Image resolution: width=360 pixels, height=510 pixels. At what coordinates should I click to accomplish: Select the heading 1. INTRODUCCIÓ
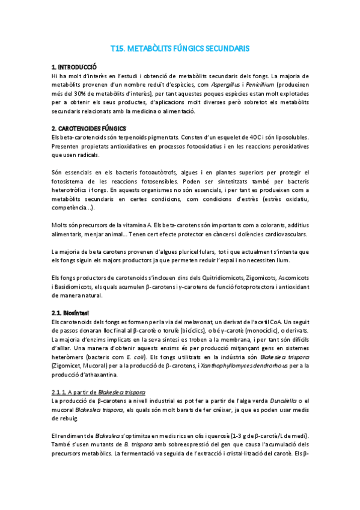(x=75, y=67)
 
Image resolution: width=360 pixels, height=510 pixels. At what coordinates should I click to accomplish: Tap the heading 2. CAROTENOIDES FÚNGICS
(x=89, y=129)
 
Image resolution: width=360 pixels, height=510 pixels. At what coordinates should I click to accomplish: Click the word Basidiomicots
(x=73, y=287)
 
